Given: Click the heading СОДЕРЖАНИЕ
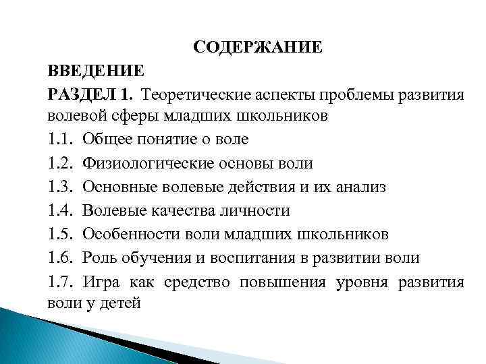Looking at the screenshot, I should coord(257,47).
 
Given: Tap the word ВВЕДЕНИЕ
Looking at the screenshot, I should coord(95,70).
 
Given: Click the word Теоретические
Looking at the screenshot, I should coord(201,93).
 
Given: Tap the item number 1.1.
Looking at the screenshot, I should coord(61,140).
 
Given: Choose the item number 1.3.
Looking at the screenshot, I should coord(61,187).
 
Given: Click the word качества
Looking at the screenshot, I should coord(182,210).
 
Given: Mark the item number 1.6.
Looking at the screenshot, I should coord(61,257).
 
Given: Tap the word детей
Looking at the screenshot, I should coord(119,303).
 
